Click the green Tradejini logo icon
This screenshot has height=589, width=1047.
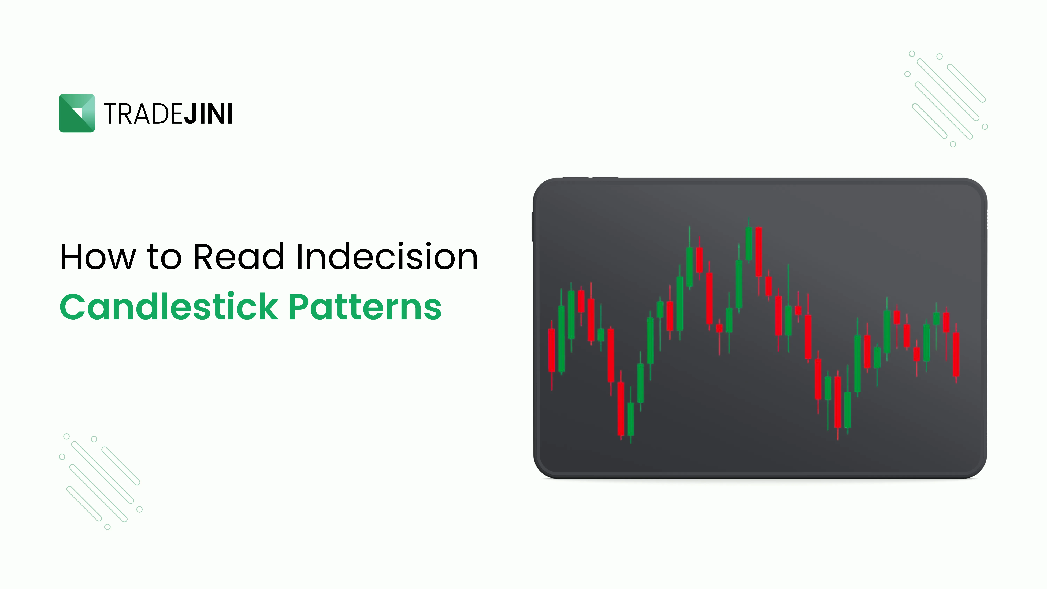77,113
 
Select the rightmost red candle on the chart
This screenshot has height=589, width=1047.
956,354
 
